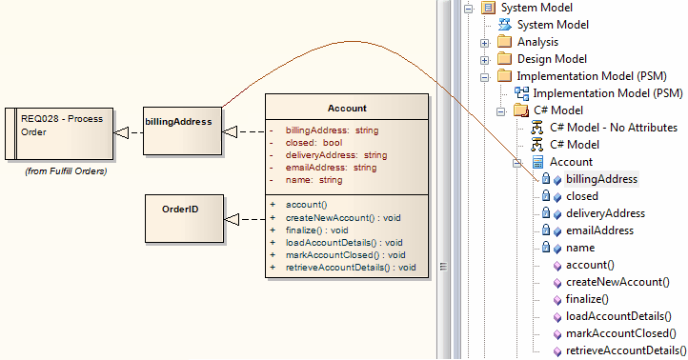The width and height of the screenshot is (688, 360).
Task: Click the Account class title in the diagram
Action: coord(346,109)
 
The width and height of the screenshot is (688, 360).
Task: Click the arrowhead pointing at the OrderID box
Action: coord(232,220)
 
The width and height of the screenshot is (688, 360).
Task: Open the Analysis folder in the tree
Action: coord(537,42)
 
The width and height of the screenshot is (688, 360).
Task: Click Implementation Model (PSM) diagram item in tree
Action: coord(607,92)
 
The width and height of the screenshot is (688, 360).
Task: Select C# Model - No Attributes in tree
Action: coord(611,128)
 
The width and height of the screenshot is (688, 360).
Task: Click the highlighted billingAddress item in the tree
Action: coord(601,179)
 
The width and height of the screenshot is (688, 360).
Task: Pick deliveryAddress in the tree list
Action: coord(605,213)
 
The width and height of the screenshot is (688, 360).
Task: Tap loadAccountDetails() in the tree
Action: coord(625,316)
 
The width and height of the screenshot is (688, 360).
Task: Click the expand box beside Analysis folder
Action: coord(484,42)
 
